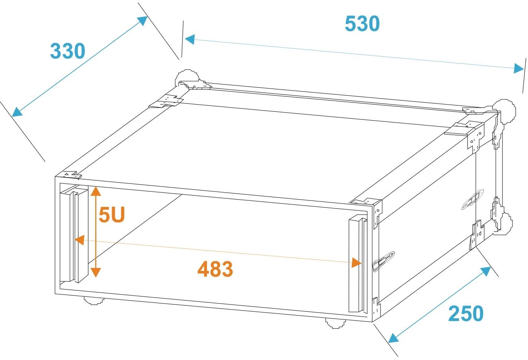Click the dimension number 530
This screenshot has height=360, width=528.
click(x=362, y=24)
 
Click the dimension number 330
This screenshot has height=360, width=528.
click(x=67, y=51)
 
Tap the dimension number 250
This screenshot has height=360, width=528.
click(x=466, y=313)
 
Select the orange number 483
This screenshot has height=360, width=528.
click(x=215, y=269)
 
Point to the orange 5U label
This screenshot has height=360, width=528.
click(x=112, y=215)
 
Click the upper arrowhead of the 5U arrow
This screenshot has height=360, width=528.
click(x=96, y=191)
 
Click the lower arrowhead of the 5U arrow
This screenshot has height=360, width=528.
click(x=96, y=272)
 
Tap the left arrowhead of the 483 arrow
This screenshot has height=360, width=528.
click(x=80, y=240)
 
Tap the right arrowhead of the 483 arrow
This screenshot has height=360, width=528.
click(x=356, y=262)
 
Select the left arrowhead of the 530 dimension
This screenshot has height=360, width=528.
click(x=190, y=39)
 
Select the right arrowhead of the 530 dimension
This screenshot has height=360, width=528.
click(x=519, y=68)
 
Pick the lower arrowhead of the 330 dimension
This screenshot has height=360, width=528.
click(x=17, y=112)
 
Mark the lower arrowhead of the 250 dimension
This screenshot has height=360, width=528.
click(x=393, y=338)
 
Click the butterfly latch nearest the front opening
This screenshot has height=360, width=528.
click(x=383, y=262)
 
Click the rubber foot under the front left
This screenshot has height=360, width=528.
click(x=94, y=300)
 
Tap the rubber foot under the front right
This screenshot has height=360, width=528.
click(x=336, y=323)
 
